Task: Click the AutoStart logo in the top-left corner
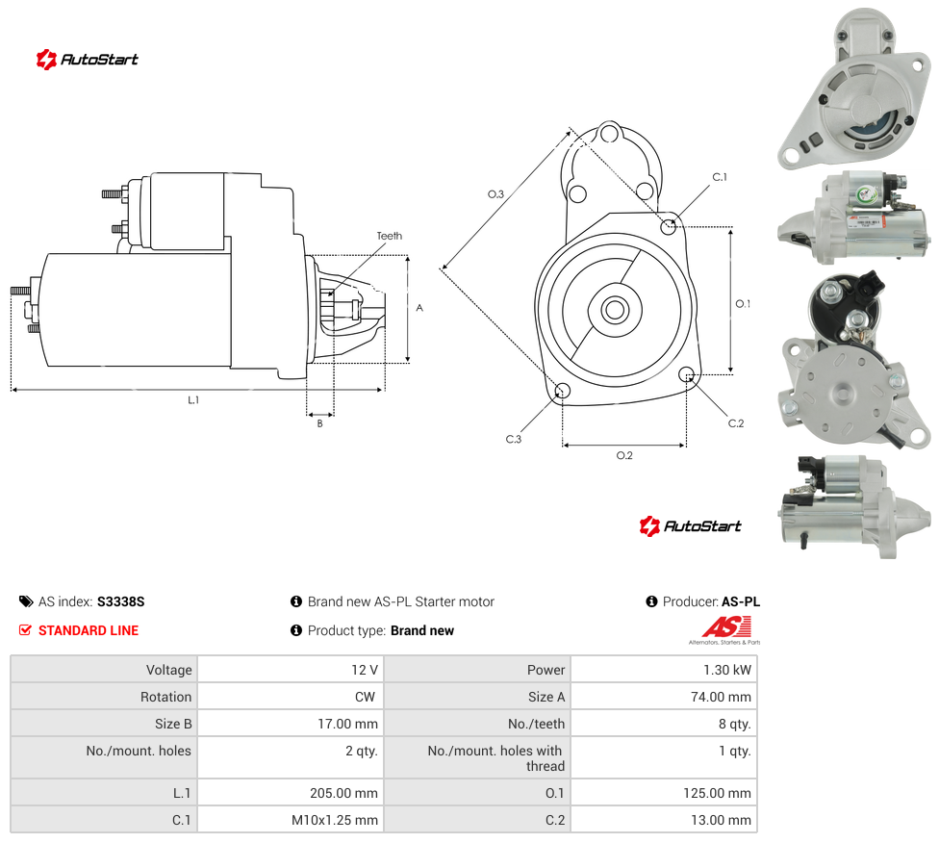88,60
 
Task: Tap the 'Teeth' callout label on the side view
390,236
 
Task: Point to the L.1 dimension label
192,400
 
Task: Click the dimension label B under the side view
319,423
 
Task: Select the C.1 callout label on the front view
720,177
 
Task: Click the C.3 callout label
513,439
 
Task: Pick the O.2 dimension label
624,456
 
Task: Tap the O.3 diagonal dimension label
495,194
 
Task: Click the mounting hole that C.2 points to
687,374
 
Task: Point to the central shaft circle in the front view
615,310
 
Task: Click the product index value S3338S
121,601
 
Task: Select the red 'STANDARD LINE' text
89,630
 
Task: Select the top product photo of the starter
854,89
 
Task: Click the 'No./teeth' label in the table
536,724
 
